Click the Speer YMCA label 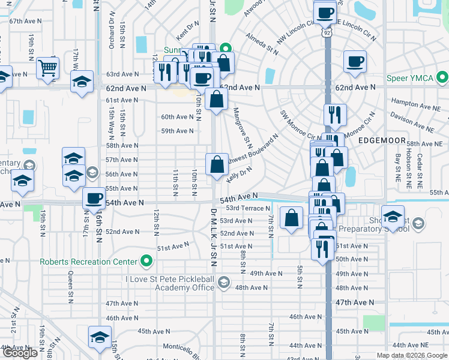(x=412, y=77)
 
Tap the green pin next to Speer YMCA (x=442, y=77)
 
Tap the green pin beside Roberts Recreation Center (x=145, y=262)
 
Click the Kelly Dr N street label (x=239, y=175)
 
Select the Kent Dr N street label (x=187, y=26)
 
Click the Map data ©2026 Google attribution (x=411, y=355)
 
